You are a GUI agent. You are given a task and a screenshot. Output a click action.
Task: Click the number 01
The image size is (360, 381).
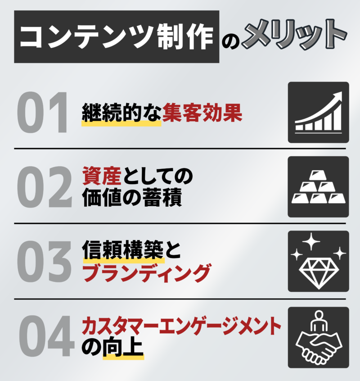[x=42, y=112]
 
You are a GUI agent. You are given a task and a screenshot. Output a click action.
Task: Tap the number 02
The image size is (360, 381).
[x=45, y=186]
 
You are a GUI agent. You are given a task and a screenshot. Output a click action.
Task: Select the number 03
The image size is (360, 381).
[x=44, y=261]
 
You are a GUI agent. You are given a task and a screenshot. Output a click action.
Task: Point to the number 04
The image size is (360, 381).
[x=46, y=336]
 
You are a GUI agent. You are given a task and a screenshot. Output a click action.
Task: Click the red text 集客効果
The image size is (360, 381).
[x=202, y=112]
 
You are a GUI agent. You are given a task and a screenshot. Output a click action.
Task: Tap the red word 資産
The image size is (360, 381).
[x=102, y=176]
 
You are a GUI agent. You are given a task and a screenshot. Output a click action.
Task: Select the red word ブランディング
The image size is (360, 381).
[x=146, y=273]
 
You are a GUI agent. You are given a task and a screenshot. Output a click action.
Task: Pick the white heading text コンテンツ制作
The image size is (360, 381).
[x=117, y=36]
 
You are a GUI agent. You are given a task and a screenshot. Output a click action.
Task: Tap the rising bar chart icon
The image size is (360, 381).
[x=319, y=112]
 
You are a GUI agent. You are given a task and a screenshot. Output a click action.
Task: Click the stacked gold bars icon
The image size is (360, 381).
[x=318, y=186]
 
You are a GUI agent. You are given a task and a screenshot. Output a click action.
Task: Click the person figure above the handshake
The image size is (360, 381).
[x=319, y=321]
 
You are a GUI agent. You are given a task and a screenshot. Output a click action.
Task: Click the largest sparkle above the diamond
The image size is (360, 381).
[x=311, y=241]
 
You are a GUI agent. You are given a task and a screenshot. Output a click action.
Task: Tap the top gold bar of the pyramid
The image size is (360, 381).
[x=319, y=175]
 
